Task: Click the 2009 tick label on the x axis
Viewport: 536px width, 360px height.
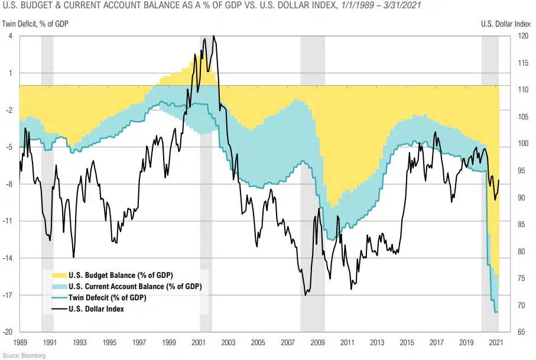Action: [x=318, y=342]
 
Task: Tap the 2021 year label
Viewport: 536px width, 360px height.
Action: [x=497, y=342]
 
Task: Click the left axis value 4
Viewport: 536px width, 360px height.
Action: [x=11, y=35]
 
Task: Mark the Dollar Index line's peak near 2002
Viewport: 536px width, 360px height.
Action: [x=213, y=36]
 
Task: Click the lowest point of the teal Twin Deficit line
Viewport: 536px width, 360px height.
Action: [x=495, y=312]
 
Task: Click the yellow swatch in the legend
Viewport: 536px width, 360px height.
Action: [x=59, y=275]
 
